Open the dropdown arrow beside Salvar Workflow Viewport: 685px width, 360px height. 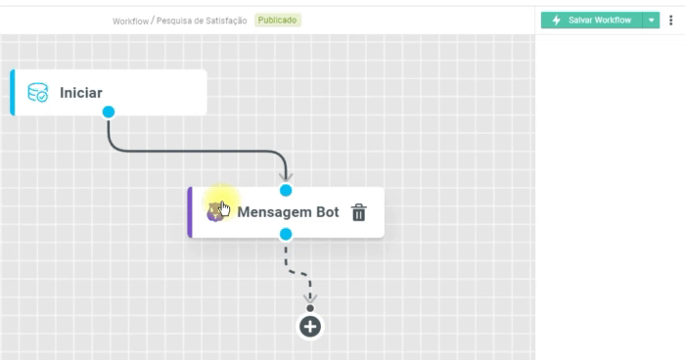652,21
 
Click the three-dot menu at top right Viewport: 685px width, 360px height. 671,21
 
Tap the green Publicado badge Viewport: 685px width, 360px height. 278,21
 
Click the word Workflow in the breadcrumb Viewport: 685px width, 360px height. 130,21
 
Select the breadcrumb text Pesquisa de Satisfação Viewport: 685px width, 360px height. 203,21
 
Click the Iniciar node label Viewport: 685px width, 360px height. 81,93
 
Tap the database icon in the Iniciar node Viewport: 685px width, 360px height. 38,93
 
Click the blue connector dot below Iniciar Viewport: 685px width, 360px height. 109,112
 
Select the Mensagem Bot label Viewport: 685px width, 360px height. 288,212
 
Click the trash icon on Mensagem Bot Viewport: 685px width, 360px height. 359,212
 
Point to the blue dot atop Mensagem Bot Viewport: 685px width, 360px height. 286,190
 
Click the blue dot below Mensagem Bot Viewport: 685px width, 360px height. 286,234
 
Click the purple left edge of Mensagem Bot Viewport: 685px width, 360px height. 190,212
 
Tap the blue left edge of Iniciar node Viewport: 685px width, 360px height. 13,93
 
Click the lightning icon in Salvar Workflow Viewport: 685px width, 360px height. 557,21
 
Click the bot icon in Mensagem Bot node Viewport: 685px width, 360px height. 215,211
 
